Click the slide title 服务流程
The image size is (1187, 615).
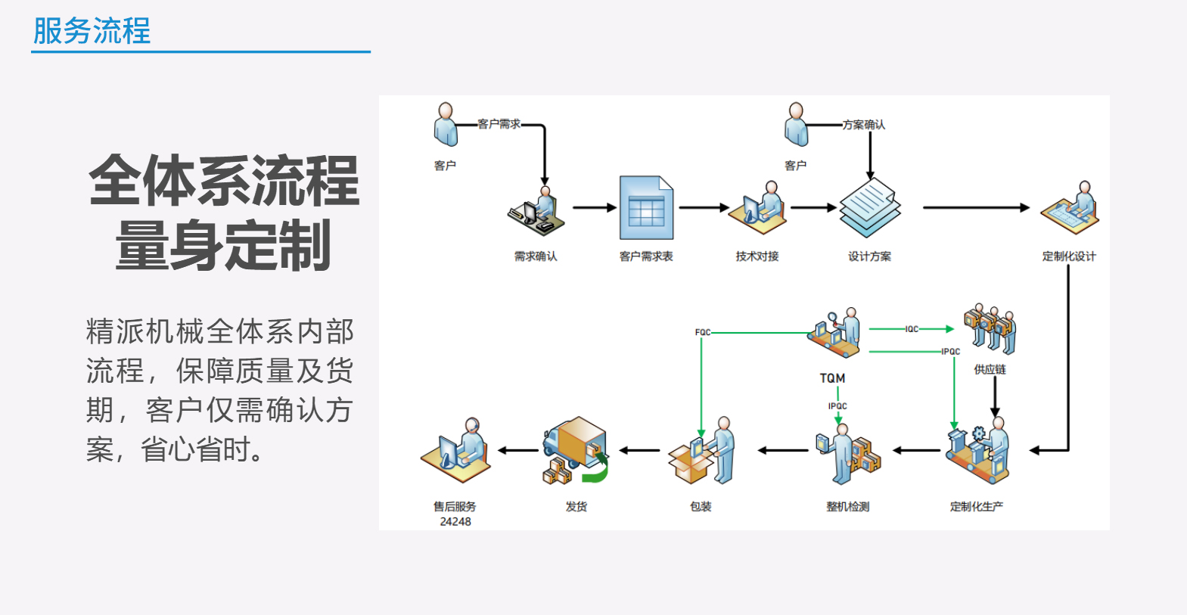coord(92,31)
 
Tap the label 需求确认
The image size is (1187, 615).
coord(536,256)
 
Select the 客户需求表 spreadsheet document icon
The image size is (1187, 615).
coord(646,208)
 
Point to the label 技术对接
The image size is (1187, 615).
coord(757,256)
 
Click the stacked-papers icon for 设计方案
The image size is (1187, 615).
coord(870,208)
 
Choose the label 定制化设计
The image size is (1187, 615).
coord(1069,256)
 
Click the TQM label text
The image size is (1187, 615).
coord(832,378)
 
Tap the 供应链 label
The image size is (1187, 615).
coord(990,369)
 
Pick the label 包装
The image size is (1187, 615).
coord(701,507)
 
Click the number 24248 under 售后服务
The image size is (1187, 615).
coord(455,522)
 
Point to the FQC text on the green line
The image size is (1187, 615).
coord(703,332)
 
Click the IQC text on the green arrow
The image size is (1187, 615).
coord(912,329)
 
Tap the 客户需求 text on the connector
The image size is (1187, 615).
coord(499,124)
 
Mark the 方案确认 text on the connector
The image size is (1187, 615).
coord(864,125)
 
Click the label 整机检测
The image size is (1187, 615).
coord(847,507)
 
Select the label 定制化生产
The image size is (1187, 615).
coord(977,507)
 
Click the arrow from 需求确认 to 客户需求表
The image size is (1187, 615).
coord(595,207)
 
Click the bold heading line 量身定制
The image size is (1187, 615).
coord(223,245)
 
